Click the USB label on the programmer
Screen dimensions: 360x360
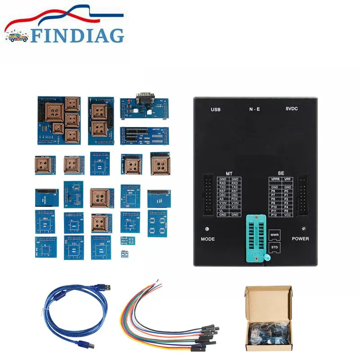(216, 109)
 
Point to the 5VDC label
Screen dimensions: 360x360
(292, 109)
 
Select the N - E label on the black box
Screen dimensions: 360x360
(254, 109)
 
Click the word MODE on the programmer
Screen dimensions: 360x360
(207, 239)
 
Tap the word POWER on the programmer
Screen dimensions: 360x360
(300, 238)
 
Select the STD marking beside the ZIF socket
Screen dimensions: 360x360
(274, 247)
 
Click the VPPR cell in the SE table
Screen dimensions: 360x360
(275, 179)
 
